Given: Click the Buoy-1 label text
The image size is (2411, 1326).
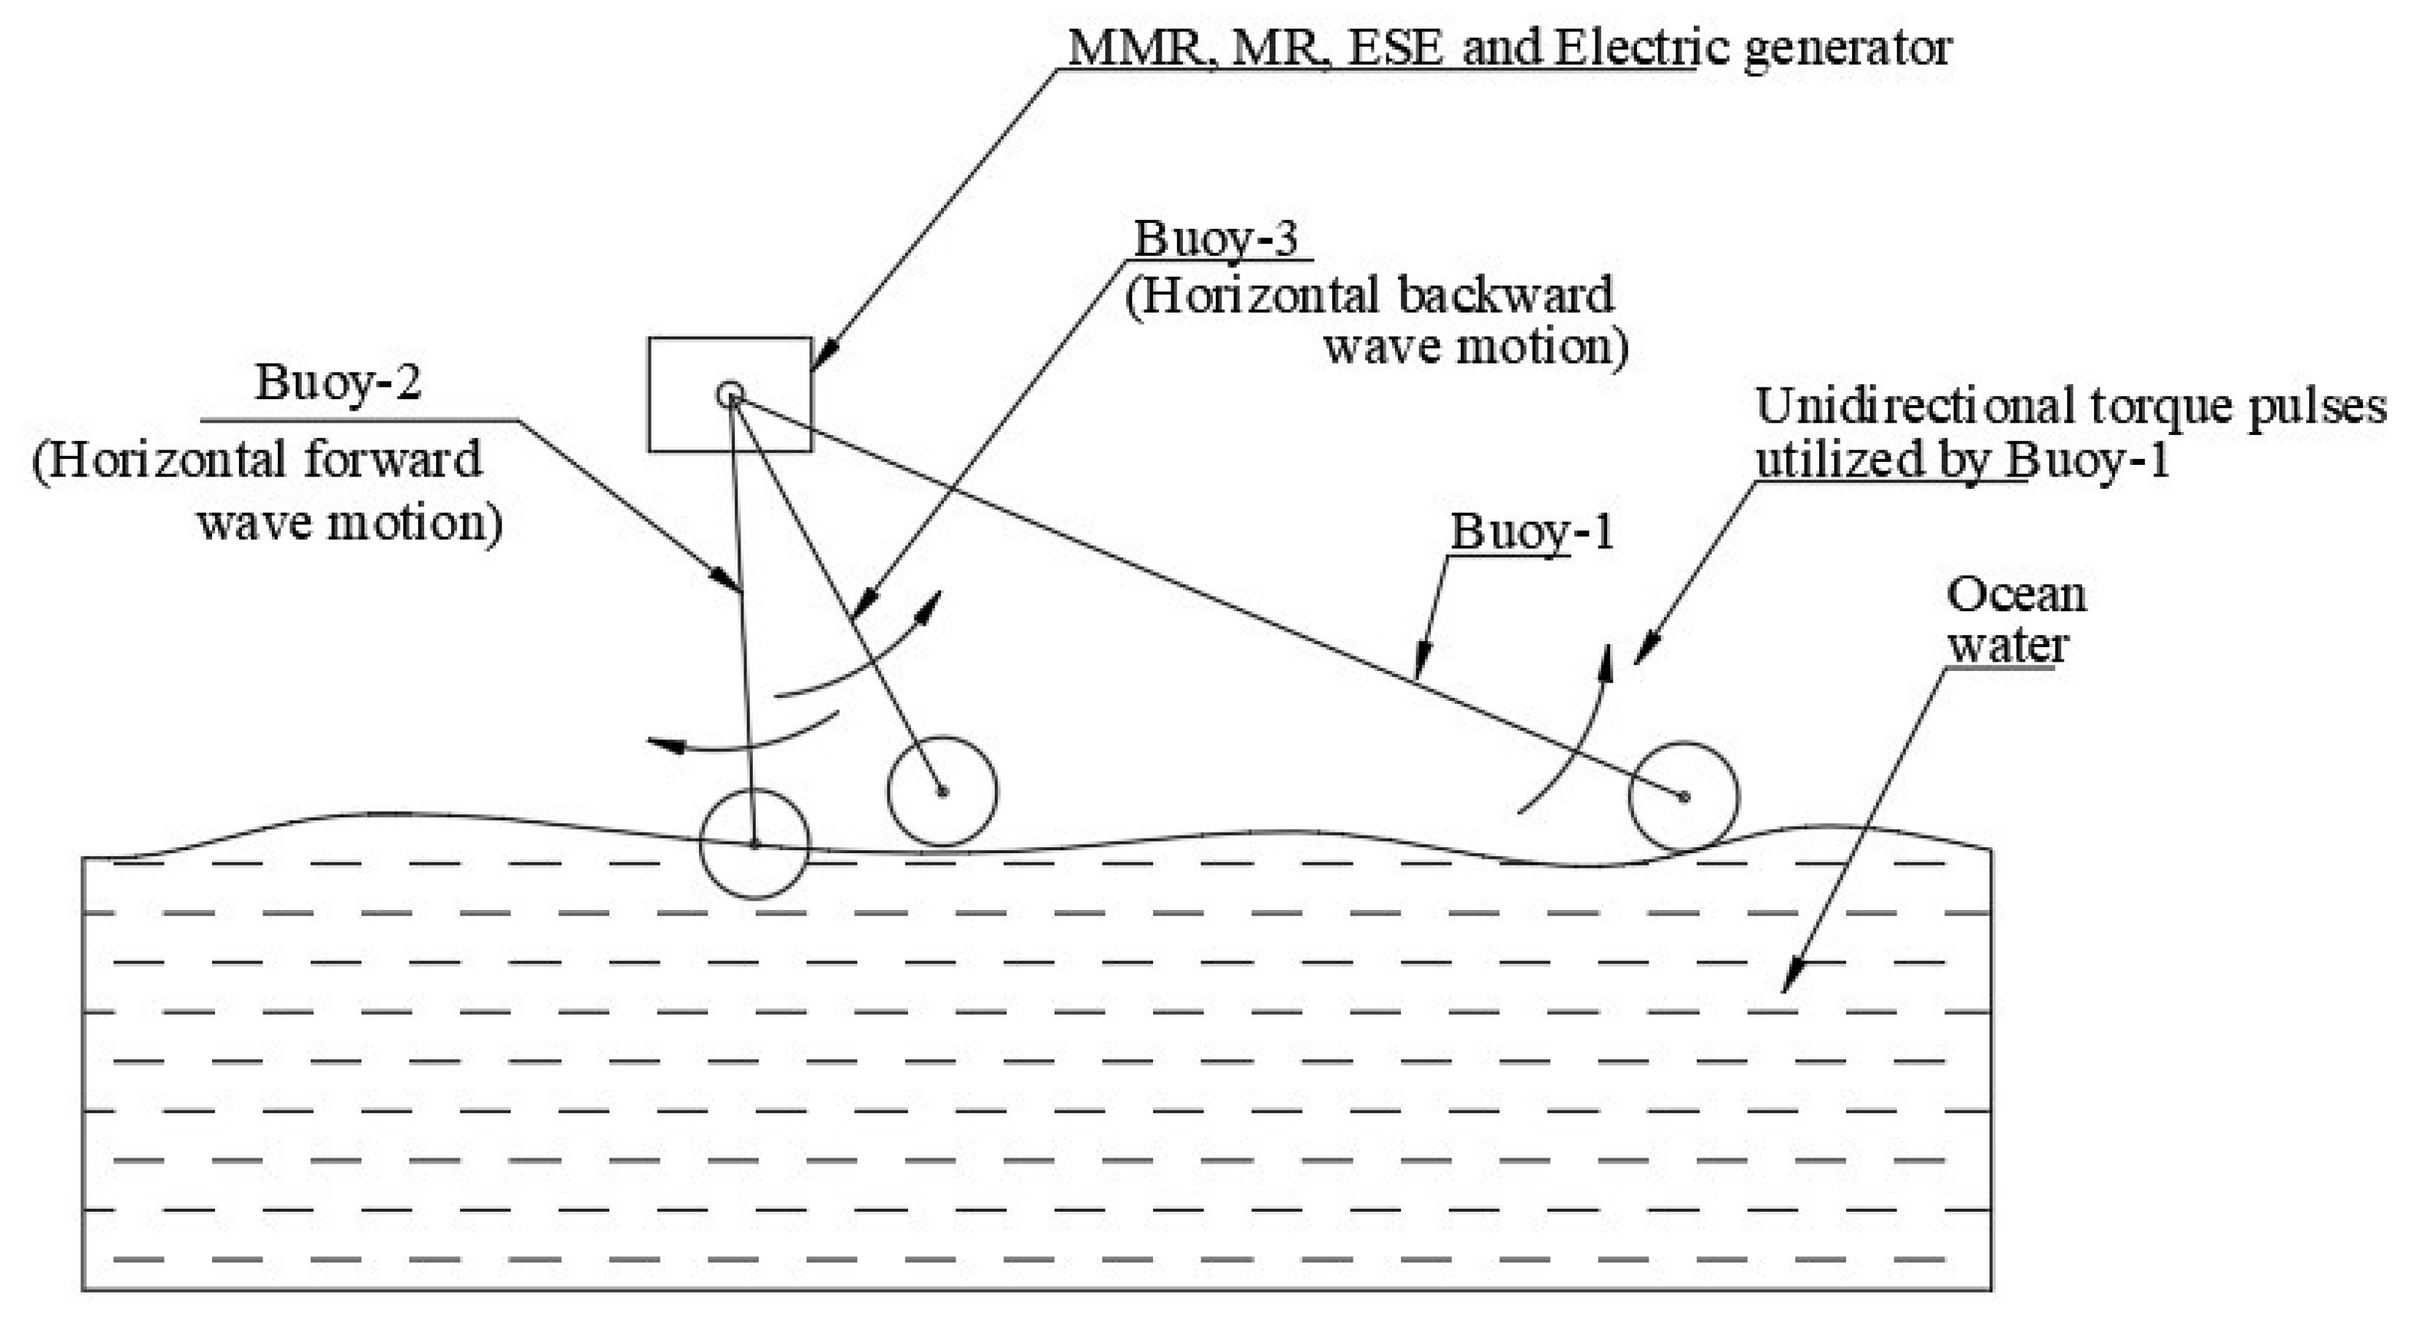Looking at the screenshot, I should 1532,532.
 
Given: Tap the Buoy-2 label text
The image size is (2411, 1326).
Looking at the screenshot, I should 338,382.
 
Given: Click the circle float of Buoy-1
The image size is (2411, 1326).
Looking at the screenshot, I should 1683,797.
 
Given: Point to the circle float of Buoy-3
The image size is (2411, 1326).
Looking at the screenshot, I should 942,792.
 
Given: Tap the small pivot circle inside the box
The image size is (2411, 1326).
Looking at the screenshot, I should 730,395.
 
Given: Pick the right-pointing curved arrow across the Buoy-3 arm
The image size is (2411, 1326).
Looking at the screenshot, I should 861,655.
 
